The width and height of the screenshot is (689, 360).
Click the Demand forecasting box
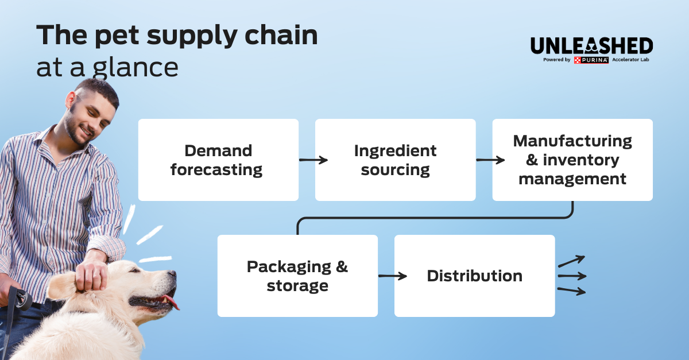(218, 160)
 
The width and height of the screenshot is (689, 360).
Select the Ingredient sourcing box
(395, 160)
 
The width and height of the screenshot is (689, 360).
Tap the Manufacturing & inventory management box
(572, 160)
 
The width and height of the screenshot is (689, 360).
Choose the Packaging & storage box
(297, 276)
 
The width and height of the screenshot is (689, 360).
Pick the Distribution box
(474, 276)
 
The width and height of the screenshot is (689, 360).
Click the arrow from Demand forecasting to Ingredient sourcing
(313, 160)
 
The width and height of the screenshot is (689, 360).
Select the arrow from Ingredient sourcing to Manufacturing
(490, 160)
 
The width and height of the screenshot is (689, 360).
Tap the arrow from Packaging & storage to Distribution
(393, 276)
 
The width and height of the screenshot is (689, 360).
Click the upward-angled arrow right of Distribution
(571, 262)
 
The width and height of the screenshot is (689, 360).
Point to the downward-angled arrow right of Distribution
(571, 291)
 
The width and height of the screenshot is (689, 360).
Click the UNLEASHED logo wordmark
(591, 46)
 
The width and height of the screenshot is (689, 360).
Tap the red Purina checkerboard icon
(577, 60)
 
